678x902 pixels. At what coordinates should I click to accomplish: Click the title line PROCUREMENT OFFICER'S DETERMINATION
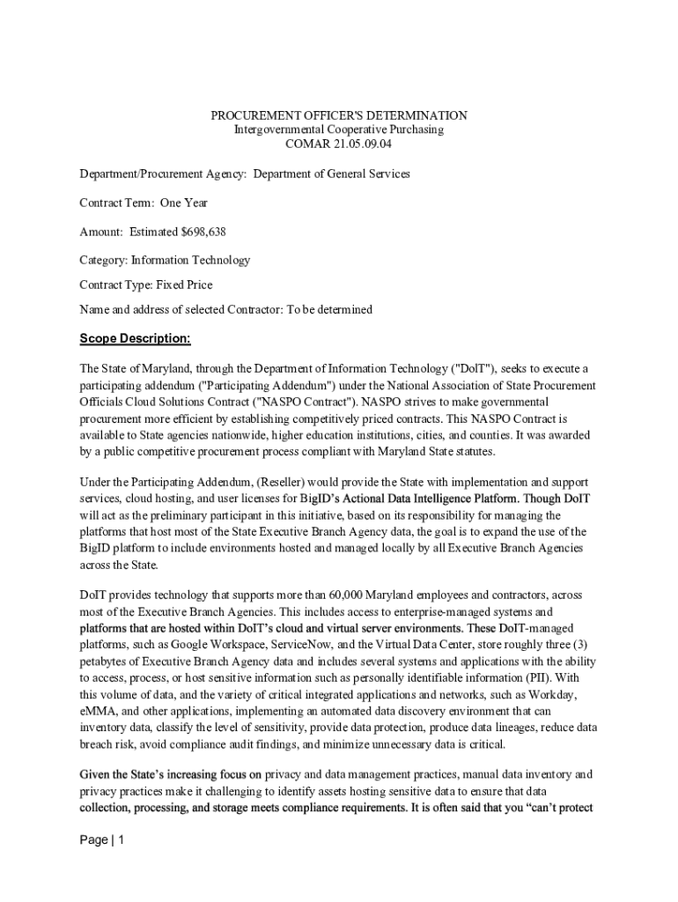(x=338, y=115)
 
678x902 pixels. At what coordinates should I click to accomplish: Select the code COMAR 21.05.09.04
(x=338, y=144)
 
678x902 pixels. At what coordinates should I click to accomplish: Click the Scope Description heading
(x=135, y=339)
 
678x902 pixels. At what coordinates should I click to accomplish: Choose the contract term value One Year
(x=183, y=203)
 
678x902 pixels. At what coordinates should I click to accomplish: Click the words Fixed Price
(x=184, y=285)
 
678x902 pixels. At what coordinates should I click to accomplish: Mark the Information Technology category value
(x=190, y=260)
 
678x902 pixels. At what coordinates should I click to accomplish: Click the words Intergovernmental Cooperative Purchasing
(x=338, y=129)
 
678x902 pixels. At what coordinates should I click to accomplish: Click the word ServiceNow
(x=290, y=644)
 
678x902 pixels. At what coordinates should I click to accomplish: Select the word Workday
(x=574, y=693)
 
